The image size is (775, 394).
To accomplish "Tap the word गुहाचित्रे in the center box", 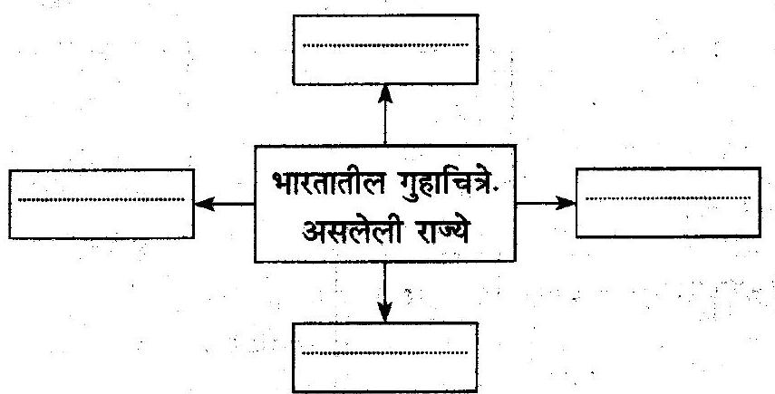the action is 449,184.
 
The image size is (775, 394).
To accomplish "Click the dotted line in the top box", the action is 385,45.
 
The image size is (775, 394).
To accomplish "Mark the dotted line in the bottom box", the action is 384,353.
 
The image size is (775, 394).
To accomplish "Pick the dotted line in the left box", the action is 102,200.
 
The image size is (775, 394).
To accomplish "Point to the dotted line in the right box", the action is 668,198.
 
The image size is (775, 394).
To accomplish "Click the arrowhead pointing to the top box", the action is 385,94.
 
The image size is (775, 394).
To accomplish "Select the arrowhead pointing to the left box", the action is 205,204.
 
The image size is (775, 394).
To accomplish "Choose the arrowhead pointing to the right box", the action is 566,202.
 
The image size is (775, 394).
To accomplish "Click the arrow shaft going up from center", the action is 385,124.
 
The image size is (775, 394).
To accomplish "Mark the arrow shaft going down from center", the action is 384,283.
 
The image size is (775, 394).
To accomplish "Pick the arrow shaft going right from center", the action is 536,202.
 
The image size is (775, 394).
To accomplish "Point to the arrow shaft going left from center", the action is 234,204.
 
